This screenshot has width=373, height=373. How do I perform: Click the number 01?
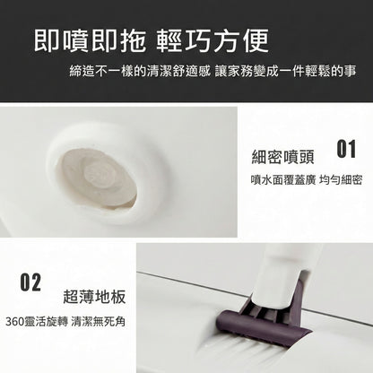pyautogui.click(x=346, y=147)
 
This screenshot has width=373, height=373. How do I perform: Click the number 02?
pyautogui.click(x=30, y=283)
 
